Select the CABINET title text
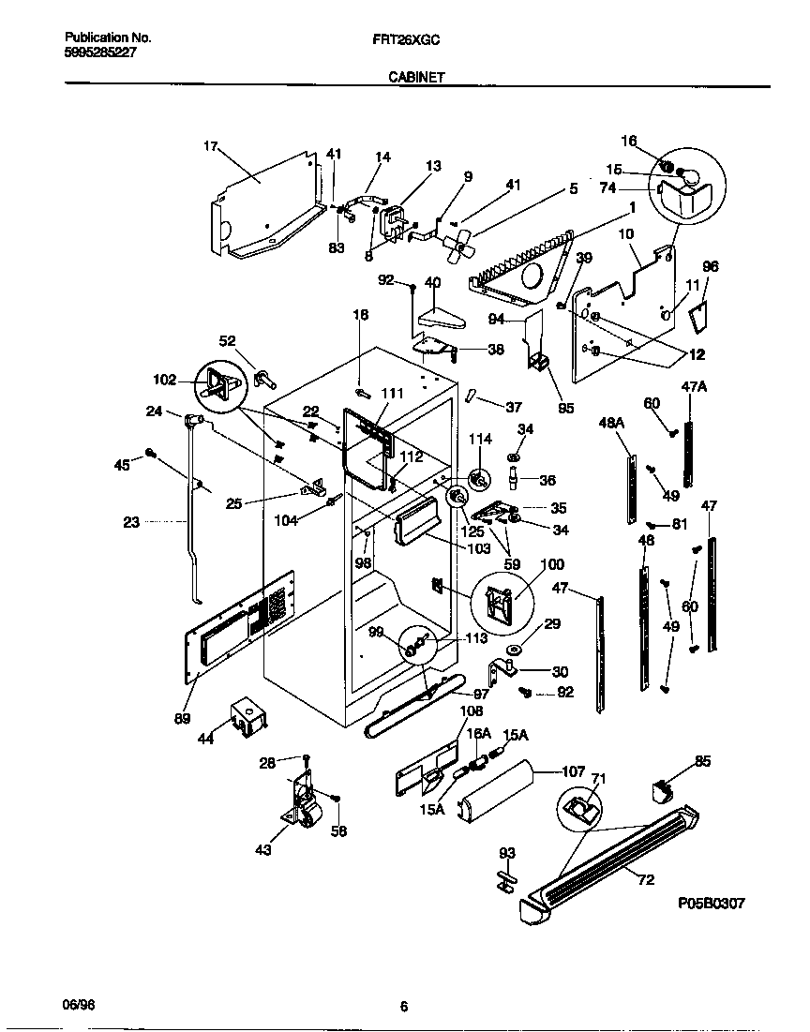pos(416,80)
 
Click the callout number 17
pos(210,146)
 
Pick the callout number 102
pos(164,381)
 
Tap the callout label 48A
pos(611,424)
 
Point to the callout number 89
pos(182,719)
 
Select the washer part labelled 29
pos(515,650)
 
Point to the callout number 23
pos(130,522)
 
